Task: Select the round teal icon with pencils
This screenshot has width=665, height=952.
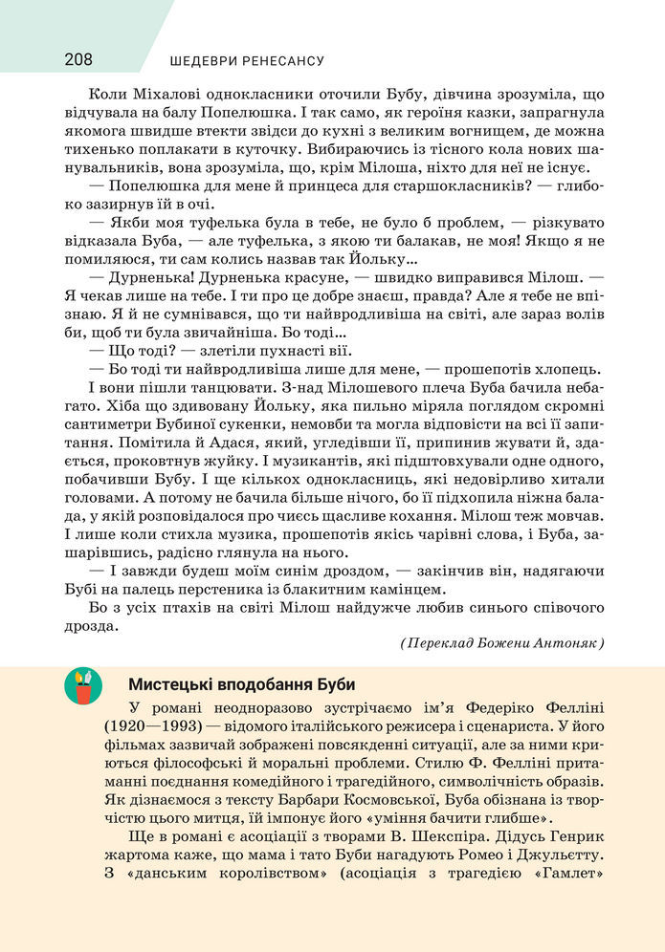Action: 83,686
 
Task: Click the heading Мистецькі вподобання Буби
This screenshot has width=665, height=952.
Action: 241,684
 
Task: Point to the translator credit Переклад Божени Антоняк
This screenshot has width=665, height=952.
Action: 502,643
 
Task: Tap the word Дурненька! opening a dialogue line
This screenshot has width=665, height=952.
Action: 150,276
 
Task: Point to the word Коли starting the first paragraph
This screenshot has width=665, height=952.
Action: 105,95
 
